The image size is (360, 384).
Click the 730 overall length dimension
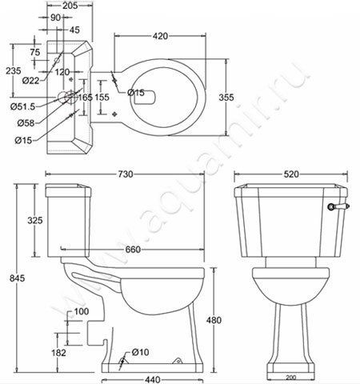pos(126,174)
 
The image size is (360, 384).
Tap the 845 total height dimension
pos(17,278)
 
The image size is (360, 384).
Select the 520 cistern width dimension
pos(291,174)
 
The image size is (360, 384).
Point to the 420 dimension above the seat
pos(160,36)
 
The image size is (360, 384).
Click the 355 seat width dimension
pos(226,98)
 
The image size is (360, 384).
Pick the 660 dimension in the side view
pos(133,250)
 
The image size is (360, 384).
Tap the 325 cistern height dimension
pos(35,220)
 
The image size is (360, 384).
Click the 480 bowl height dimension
pos(214,320)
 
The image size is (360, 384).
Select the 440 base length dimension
pos(153,379)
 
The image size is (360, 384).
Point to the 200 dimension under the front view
pos(291,378)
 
